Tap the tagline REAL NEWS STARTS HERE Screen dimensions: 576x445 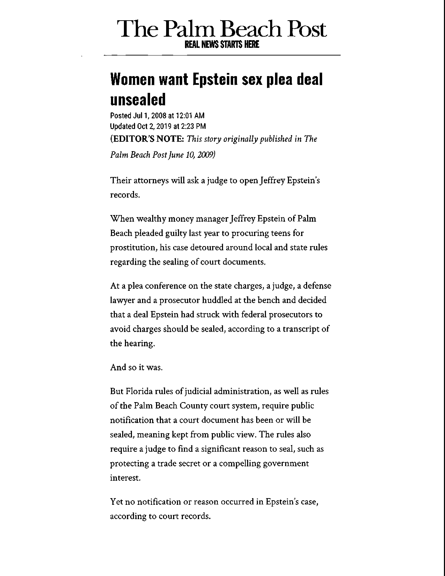[x=222, y=44]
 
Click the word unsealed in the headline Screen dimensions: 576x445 [x=138, y=99]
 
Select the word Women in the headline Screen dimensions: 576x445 [x=132, y=79]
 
